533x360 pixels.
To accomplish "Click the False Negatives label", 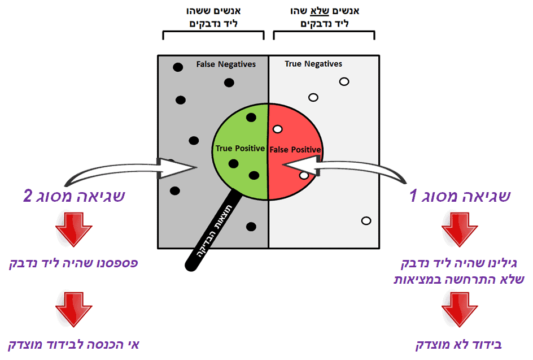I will tap(226, 64).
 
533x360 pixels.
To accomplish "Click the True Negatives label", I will tap(313, 64).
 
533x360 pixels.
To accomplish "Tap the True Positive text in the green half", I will tap(240, 149).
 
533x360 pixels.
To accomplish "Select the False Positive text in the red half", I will tap(295, 150).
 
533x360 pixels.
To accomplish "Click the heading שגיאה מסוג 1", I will tap(460, 196).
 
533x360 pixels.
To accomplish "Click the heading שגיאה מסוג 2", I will tap(73, 196).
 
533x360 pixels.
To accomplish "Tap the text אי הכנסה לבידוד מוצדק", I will tap(73, 345).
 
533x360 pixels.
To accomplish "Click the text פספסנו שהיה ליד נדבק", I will tap(73, 263).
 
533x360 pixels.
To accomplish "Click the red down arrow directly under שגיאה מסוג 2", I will tap(73, 229).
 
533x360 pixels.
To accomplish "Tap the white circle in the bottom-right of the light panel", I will tap(366, 220).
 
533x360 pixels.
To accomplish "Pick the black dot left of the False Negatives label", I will tap(177, 67).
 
